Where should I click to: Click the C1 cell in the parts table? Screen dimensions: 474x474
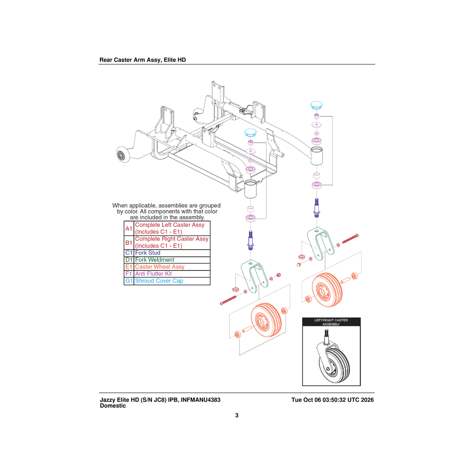pyautogui.click(x=129, y=253)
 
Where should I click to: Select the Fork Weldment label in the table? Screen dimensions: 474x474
pyautogui.click(x=154, y=260)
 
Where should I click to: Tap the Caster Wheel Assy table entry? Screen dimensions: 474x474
pyautogui.click(x=160, y=267)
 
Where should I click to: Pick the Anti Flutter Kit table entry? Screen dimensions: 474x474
pyautogui.click(x=153, y=274)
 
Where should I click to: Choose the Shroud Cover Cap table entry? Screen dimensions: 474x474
pyautogui.click(x=159, y=281)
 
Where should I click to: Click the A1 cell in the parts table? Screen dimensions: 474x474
pyautogui.click(x=129, y=229)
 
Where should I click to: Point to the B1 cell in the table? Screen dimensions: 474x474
pyautogui.click(x=129, y=243)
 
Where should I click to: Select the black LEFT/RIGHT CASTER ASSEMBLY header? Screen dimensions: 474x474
pyautogui.click(x=331, y=322)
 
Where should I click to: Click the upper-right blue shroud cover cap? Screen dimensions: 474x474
pyautogui.click(x=316, y=105)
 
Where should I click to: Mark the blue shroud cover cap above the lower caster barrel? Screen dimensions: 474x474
pyautogui.click(x=251, y=133)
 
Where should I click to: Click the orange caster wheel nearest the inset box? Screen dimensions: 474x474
pyautogui.click(x=327, y=290)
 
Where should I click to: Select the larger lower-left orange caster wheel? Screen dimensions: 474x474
pyautogui.click(x=266, y=320)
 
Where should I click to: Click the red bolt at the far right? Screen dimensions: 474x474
pyautogui.click(x=350, y=239)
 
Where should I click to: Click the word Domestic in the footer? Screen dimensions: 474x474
pyautogui.click(x=113, y=406)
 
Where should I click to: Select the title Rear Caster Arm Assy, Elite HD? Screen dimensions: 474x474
pyautogui.click(x=143, y=60)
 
